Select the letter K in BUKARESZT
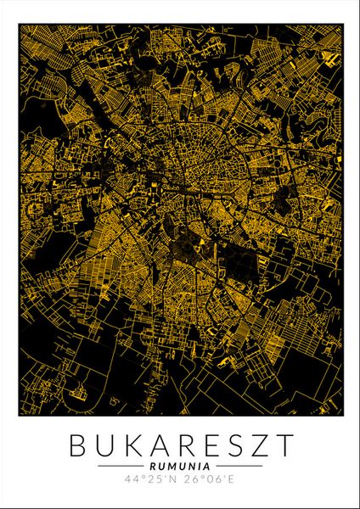(130, 445)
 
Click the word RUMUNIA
(180, 466)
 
